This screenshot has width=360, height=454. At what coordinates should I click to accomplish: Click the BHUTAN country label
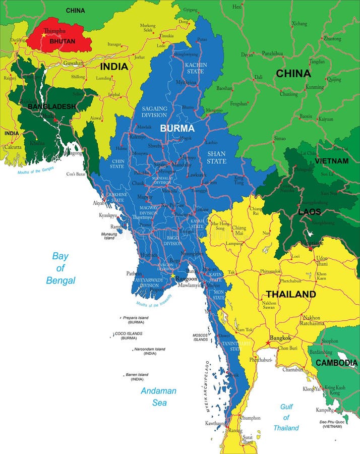(x=62, y=41)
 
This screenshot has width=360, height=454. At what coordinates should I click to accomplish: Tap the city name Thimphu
(x=55, y=30)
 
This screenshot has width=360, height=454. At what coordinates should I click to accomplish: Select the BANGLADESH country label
(x=52, y=106)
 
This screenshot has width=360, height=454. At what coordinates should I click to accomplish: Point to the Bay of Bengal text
(x=61, y=268)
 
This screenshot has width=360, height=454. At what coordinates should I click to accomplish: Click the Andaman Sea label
(x=158, y=396)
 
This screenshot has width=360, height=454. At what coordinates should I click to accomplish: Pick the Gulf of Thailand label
(x=286, y=417)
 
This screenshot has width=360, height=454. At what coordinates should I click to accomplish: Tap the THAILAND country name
(x=291, y=294)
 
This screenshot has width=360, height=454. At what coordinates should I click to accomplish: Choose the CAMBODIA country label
(x=336, y=363)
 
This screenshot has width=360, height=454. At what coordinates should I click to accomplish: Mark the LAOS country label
(x=310, y=211)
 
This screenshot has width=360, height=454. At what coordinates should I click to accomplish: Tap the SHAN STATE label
(x=216, y=157)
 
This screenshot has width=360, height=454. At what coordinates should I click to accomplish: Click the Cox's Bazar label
(x=76, y=174)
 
